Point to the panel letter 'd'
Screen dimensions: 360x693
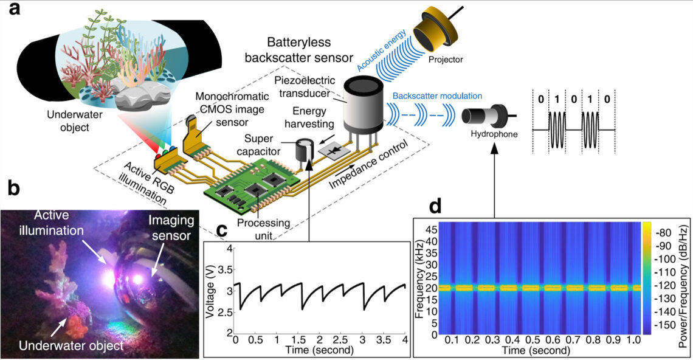coord(435,206)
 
